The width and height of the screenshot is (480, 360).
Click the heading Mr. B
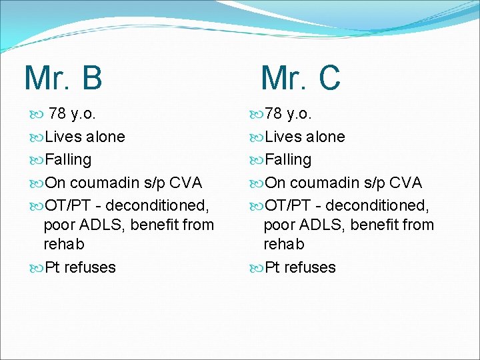63,78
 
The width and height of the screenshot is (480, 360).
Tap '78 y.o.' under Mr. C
291,114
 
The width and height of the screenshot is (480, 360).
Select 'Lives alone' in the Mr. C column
305,137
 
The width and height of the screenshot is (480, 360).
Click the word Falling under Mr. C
287,160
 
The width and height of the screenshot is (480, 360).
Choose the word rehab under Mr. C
283,244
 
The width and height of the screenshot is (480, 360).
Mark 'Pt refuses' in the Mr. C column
300,267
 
